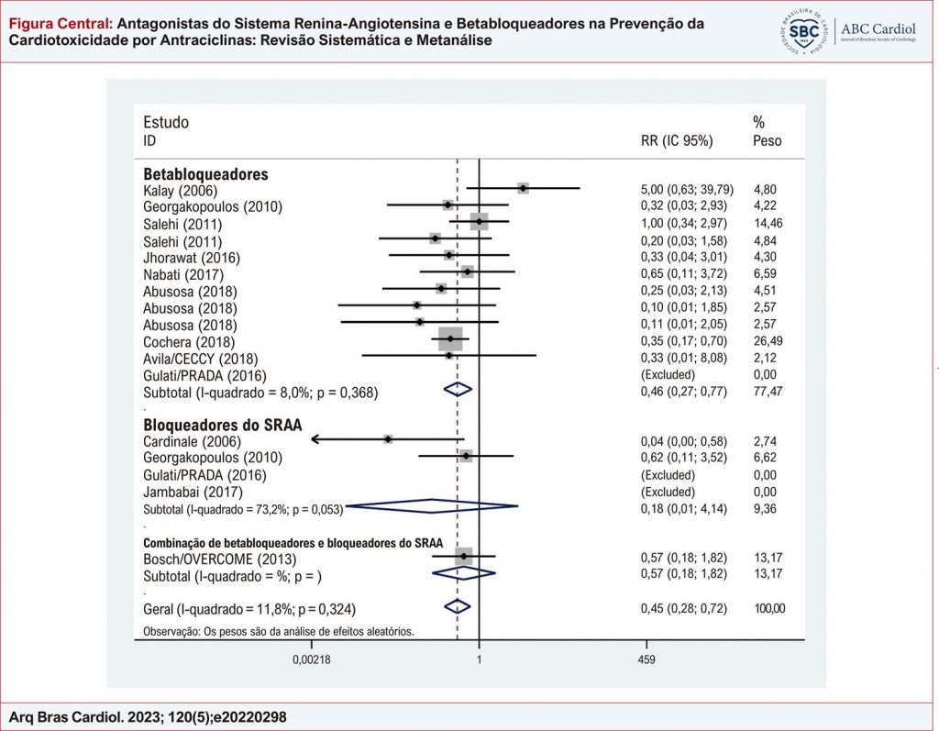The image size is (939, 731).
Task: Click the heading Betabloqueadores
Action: click(x=204, y=173)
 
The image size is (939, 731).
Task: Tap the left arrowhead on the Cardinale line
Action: click(x=315, y=439)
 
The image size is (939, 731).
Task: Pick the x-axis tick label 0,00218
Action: click(x=312, y=659)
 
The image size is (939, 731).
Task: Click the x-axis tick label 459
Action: click(x=645, y=659)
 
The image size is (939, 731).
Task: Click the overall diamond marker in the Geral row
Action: click(x=457, y=607)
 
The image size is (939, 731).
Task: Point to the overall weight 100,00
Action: click(x=768, y=608)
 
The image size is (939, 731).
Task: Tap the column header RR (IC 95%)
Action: click(x=676, y=141)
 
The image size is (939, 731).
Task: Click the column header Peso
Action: click(x=767, y=141)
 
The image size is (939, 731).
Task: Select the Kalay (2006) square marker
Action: click(x=523, y=188)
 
